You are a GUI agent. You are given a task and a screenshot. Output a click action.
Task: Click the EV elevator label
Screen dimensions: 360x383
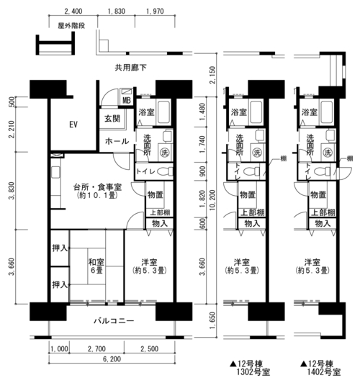coord(73,125)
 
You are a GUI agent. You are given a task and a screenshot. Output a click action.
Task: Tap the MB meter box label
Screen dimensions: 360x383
coord(127,100)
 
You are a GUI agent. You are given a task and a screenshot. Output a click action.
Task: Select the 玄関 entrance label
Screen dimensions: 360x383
coord(112,119)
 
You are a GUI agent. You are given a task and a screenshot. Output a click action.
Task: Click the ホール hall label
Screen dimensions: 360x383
coord(117,141)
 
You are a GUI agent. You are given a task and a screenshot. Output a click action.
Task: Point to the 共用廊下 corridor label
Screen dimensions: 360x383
coord(131,68)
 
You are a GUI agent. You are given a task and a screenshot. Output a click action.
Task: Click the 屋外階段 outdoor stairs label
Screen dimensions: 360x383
coord(71,26)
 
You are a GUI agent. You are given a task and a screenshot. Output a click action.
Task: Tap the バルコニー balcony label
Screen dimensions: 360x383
coord(114,320)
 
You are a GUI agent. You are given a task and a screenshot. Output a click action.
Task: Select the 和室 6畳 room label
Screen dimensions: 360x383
coord(96,266)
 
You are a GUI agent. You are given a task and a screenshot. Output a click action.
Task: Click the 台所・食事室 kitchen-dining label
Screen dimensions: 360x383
coord(97,187)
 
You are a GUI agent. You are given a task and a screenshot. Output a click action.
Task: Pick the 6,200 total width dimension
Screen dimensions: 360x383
coord(112,359)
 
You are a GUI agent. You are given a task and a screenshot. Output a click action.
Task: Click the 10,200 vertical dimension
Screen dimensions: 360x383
coord(212,200)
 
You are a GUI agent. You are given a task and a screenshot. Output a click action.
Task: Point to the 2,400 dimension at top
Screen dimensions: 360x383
coord(73,11)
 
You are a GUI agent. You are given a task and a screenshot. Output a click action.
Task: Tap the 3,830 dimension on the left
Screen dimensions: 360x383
coord(12,191)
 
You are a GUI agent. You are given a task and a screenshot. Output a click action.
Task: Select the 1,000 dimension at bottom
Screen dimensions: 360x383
coord(59,349)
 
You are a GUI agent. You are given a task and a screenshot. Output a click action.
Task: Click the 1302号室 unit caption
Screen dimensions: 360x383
coord(253,372)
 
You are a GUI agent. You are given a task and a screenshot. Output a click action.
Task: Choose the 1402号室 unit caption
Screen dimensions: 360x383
coord(324,372)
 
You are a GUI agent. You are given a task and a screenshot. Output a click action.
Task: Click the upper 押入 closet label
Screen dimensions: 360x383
coord(60,248)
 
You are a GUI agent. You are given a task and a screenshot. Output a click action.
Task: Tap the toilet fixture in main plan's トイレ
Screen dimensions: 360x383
coord(165,171)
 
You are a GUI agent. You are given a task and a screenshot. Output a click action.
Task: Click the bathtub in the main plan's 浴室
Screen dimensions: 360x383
coord(163,112)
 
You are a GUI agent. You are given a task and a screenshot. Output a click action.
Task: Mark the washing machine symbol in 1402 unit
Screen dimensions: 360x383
coord(328,153)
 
